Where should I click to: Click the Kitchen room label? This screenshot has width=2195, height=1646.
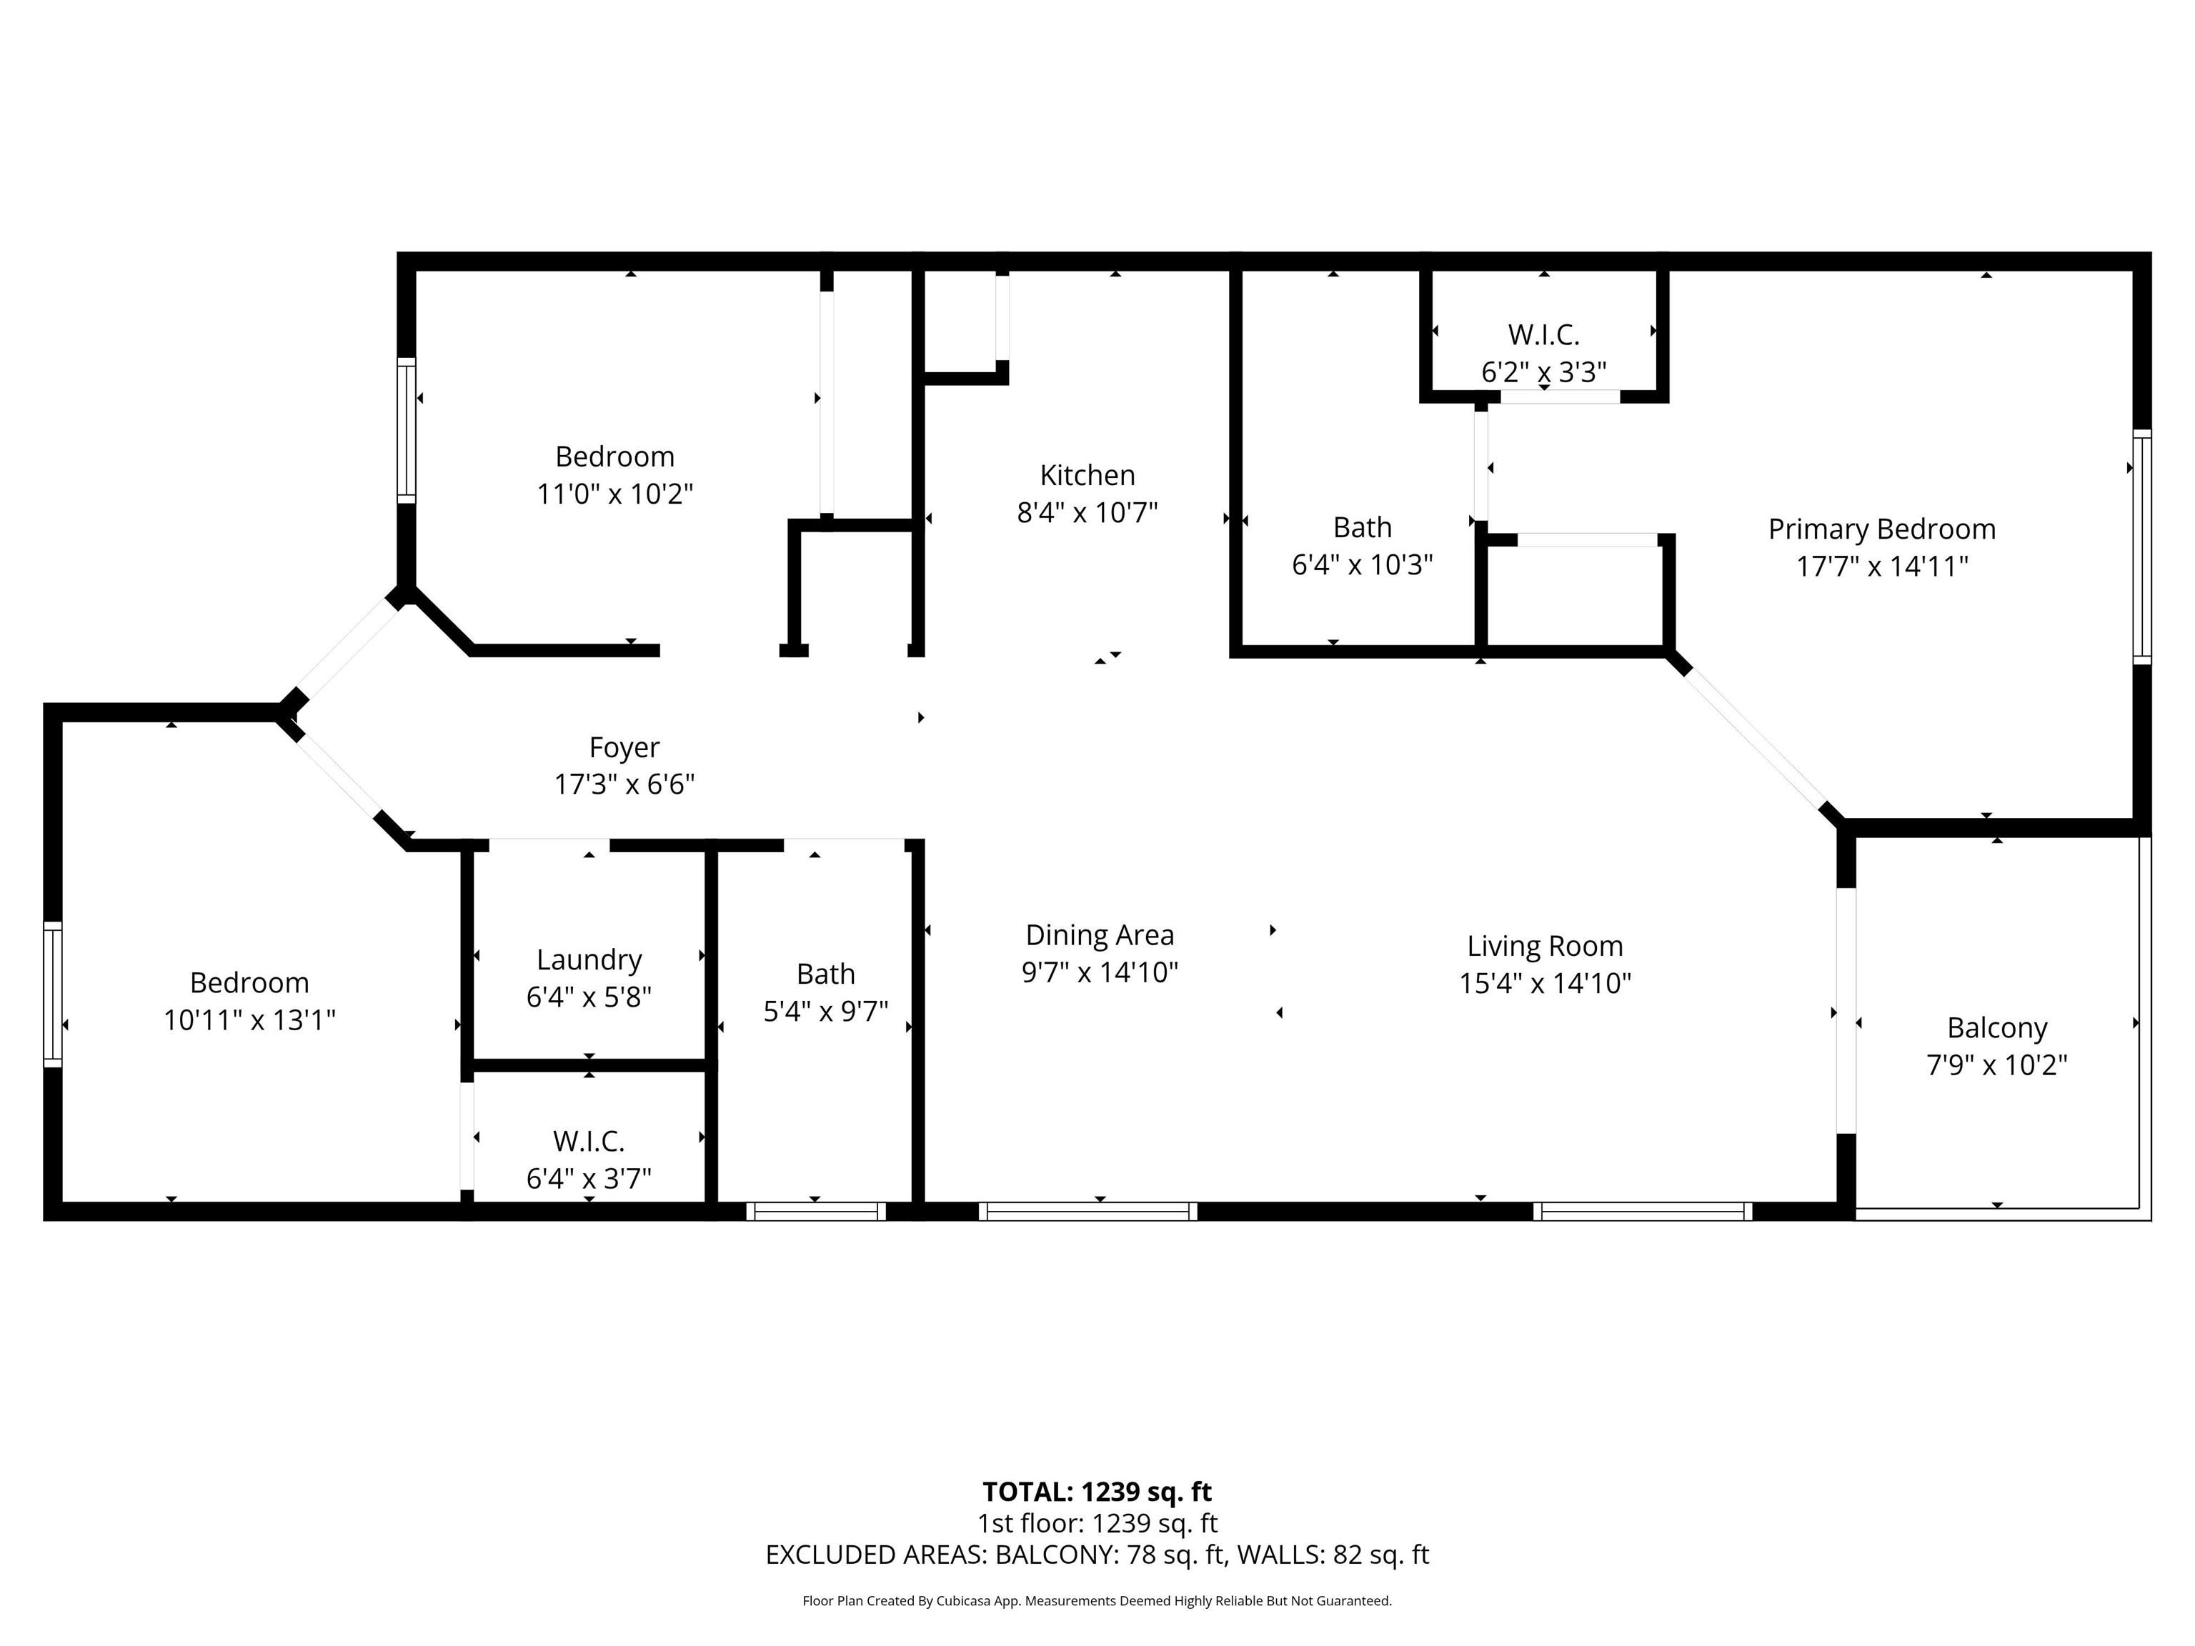(x=1087, y=475)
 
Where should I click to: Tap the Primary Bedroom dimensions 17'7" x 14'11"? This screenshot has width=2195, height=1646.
(x=1881, y=567)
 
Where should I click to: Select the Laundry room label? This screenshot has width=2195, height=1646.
(x=589, y=959)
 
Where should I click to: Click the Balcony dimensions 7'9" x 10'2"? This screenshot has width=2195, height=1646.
(x=1996, y=1064)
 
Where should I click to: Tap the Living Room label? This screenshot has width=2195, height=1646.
(x=1544, y=946)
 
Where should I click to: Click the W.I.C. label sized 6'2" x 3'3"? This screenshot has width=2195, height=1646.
(x=1543, y=334)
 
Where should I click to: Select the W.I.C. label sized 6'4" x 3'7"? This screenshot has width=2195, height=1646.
(x=589, y=1141)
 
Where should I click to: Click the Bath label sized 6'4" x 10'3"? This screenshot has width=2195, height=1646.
(x=1361, y=527)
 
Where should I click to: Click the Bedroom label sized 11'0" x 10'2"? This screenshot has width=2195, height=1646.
(x=614, y=457)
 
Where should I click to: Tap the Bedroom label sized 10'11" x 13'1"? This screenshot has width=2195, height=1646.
(x=249, y=982)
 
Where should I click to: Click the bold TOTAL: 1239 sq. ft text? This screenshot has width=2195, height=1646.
(x=1097, y=1491)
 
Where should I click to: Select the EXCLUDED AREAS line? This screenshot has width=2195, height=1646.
(x=1097, y=1555)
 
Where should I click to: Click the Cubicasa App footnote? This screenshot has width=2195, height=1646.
(x=1097, y=1600)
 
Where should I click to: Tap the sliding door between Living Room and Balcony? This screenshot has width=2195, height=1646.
(x=1846, y=1010)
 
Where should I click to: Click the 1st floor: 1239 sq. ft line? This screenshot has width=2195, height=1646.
(x=1097, y=1523)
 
